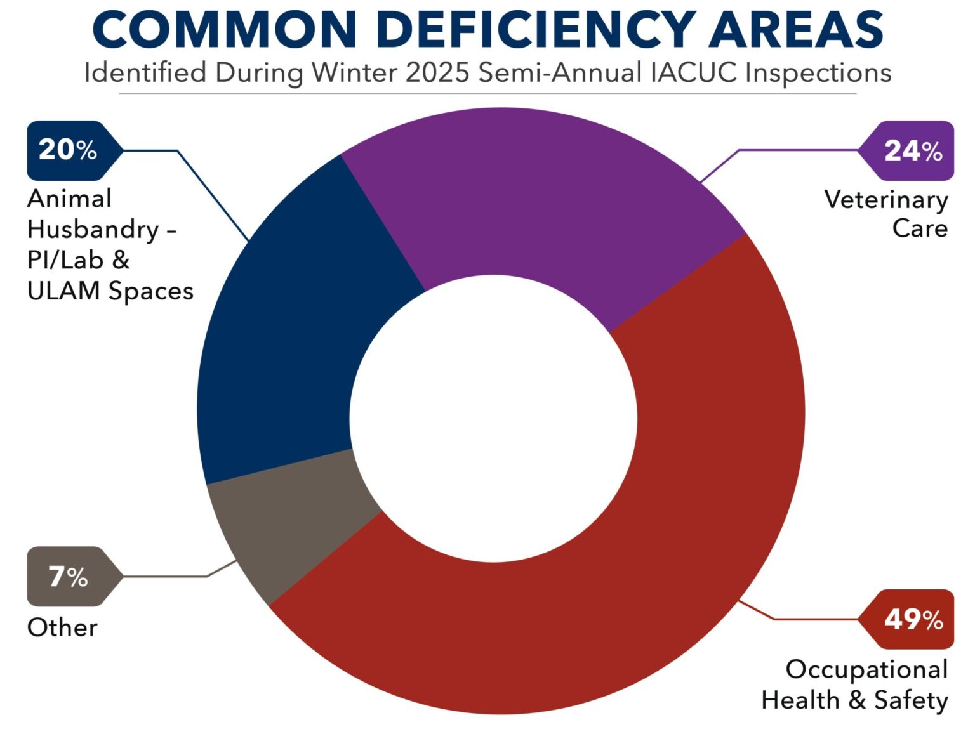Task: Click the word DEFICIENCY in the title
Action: [536, 30]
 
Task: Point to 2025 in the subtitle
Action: [437, 73]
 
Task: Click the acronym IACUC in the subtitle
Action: [694, 73]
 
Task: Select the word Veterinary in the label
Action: [886, 200]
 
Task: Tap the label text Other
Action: [62, 627]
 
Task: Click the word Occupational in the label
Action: [866, 669]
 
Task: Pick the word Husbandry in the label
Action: [93, 230]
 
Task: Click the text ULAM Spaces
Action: [110, 291]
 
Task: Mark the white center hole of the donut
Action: [493, 419]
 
